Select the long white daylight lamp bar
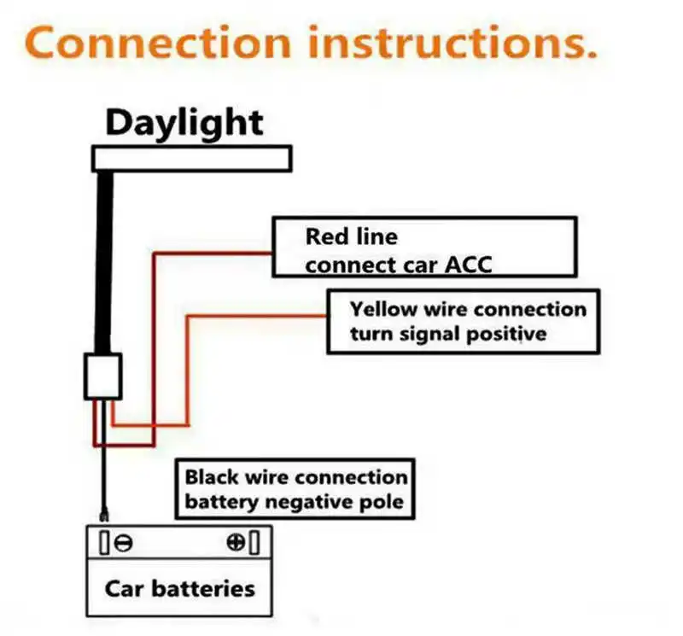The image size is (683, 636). click(x=192, y=159)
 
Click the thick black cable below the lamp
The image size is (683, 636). click(x=105, y=256)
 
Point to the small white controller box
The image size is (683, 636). click(x=103, y=376)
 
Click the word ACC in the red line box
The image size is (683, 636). click(x=469, y=265)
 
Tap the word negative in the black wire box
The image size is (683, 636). click(x=305, y=501)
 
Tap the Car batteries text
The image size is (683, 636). click(x=179, y=588)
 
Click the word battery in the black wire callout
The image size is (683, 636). click(x=222, y=501)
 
